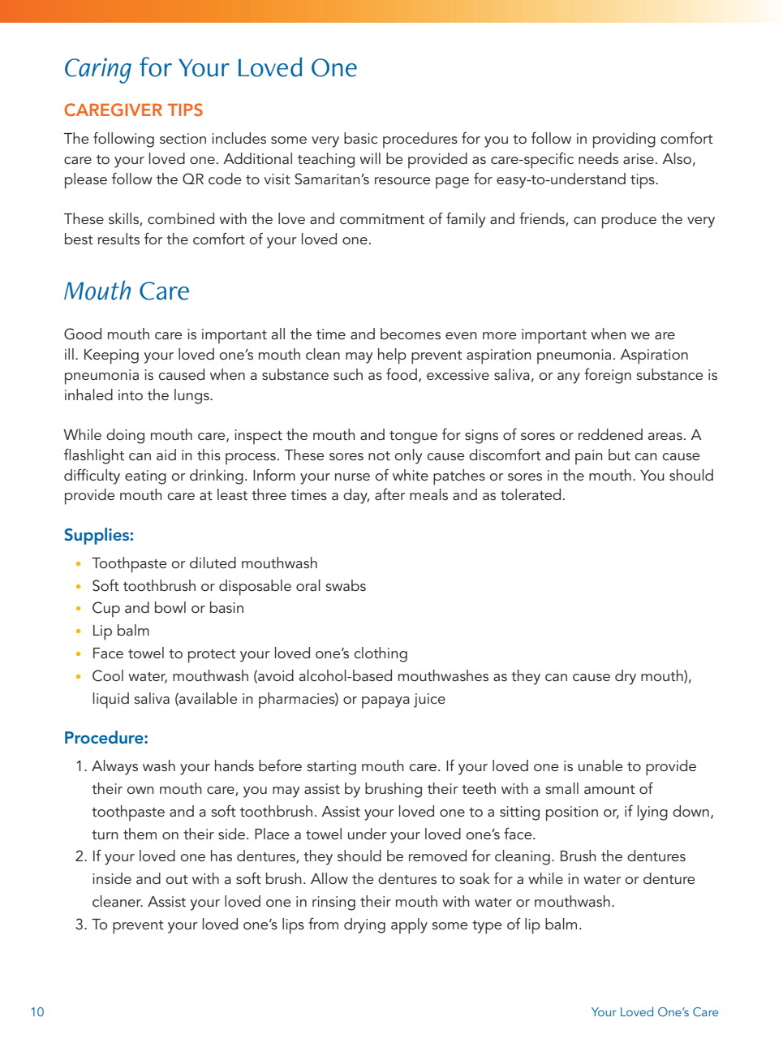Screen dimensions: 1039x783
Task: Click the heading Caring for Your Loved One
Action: pos(210,68)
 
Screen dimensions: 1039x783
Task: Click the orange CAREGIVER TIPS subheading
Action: pos(133,110)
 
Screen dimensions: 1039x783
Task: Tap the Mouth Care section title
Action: pos(127,291)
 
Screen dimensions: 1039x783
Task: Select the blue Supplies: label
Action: pos(99,536)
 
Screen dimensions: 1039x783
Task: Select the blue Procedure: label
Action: pos(106,739)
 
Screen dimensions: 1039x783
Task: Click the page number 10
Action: pos(37,1012)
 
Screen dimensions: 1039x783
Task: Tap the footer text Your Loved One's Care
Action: pos(654,1012)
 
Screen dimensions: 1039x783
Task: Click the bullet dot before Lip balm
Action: pos(78,632)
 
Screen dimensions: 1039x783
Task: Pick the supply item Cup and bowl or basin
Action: pos(168,609)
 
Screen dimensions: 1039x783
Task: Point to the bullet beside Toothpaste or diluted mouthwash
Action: pos(78,564)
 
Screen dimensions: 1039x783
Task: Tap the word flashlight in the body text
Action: pos(94,455)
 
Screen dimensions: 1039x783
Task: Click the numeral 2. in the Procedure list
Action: pos(81,857)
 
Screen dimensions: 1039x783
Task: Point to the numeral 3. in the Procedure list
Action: pos(81,925)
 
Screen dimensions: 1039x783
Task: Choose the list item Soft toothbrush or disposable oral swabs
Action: pos(229,586)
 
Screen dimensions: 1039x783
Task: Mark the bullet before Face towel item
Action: pos(78,654)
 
